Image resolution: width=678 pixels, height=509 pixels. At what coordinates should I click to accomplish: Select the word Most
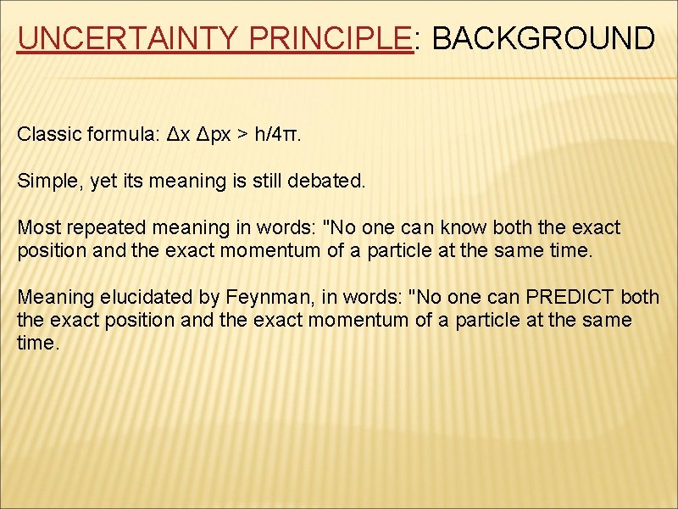coord(37,227)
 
